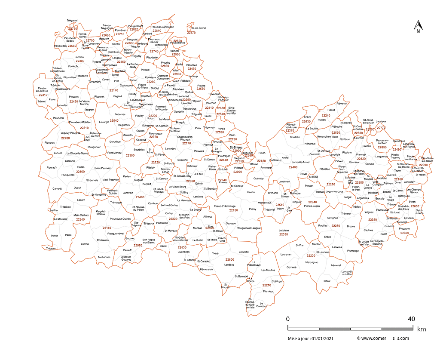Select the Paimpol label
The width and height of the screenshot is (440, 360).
click(x=174, y=50)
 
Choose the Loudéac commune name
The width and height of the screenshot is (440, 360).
click(x=229, y=265)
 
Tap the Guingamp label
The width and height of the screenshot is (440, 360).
click(x=148, y=125)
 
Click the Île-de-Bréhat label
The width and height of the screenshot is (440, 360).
click(x=199, y=28)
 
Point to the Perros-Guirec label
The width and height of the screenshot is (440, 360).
click(x=83, y=35)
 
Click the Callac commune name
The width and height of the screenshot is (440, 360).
click(x=81, y=167)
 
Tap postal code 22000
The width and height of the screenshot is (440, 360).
click(x=237, y=151)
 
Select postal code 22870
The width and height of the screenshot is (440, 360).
click(x=191, y=33)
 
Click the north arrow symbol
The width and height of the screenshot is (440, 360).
click(x=417, y=27)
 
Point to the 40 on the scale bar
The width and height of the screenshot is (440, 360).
click(x=411, y=319)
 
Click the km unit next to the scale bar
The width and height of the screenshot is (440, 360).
click(x=421, y=329)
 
